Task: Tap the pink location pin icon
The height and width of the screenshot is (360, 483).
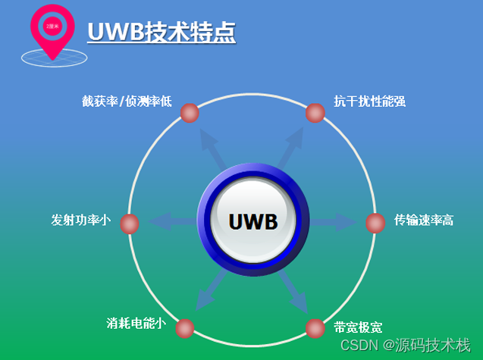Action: (x=52, y=29)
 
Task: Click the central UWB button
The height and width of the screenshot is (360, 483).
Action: (x=252, y=221)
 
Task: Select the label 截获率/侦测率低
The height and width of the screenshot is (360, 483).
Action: (x=127, y=102)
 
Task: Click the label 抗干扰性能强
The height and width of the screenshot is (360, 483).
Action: (x=369, y=101)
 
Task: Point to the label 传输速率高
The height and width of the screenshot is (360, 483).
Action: (x=424, y=221)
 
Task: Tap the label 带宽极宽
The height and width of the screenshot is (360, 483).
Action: (x=358, y=327)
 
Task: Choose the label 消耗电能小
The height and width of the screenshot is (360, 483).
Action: (x=136, y=323)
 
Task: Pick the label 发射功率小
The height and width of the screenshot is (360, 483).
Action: (x=80, y=221)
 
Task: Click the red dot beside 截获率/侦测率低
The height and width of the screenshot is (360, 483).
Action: (x=190, y=113)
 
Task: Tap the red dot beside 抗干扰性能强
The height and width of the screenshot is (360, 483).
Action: (x=315, y=113)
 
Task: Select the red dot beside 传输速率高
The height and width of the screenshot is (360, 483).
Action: (x=375, y=223)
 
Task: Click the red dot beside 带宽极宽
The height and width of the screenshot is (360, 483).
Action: (x=315, y=328)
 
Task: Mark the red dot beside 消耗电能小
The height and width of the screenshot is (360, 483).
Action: (x=184, y=328)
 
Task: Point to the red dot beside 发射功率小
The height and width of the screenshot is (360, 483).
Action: (x=130, y=224)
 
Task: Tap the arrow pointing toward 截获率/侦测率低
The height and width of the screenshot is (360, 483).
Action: (x=212, y=148)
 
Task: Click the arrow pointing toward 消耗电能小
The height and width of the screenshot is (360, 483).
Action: (x=208, y=291)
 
